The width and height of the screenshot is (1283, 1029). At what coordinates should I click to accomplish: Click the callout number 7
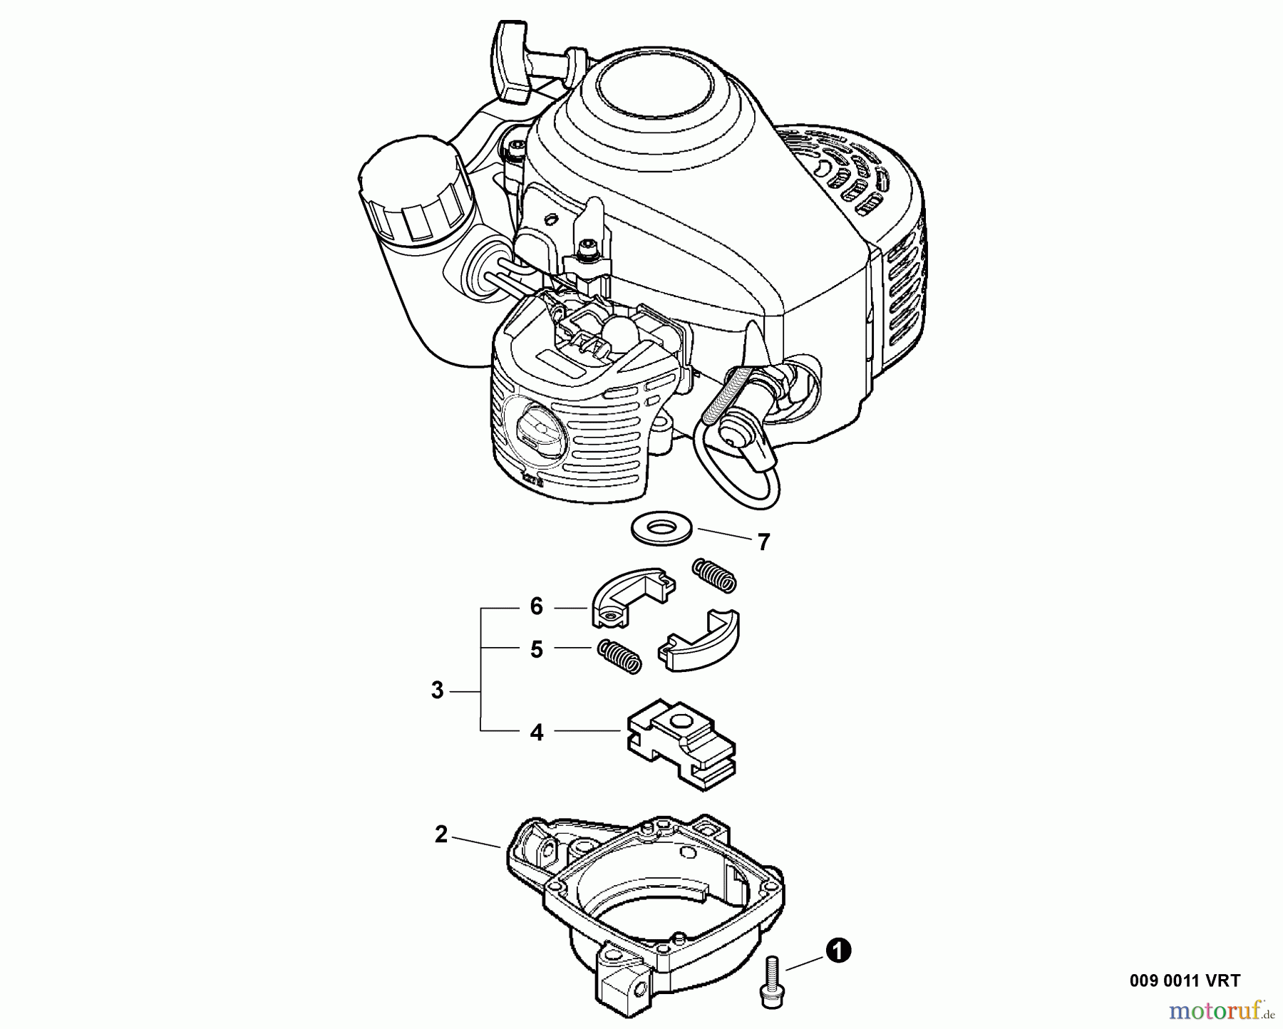[764, 543]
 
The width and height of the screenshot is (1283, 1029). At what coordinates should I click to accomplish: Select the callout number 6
[537, 607]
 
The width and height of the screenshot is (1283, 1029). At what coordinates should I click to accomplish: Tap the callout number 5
[537, 649]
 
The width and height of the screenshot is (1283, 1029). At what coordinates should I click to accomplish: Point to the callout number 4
[537, 732]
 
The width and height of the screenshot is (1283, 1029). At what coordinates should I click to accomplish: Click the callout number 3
[438, 691]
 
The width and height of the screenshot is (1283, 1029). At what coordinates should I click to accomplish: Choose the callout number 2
[441, 834]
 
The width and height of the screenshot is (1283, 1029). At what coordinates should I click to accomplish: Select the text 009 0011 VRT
[1185, 981]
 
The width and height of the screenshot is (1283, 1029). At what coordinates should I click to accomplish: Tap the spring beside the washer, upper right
[713, 574]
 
